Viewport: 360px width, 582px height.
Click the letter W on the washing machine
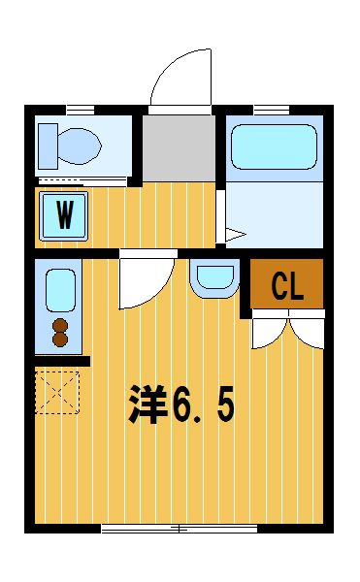(65, 215)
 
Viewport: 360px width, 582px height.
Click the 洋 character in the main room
(147, 404)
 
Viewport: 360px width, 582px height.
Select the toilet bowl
(80, 146)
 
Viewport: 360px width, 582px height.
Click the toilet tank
(48, 146)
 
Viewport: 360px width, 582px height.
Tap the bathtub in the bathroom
(274, 147)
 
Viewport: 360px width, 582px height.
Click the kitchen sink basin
(60, 290)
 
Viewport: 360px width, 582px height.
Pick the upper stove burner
(60, 326)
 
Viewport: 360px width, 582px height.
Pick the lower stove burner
(60, 339)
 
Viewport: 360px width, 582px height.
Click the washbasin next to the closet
(214, 277)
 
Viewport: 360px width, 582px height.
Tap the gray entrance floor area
(179, 147)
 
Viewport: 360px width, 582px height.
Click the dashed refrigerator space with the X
(57, 392)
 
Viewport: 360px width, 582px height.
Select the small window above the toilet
(81, 111)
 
